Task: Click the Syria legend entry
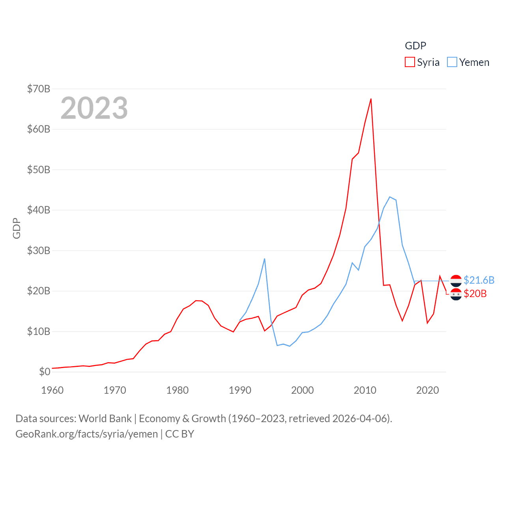[x=423, y=62]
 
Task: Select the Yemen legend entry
[x=468, y=62]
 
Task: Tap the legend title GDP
[x=415, y=46]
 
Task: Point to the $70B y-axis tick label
[x=39, y=89]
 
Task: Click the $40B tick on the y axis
[x=39, y=210]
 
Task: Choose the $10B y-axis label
[x=39, y=331]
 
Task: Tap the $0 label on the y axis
[x=45, y=372]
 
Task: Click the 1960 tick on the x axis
[x=52, y=390]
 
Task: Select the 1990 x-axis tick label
[x=240, y=390]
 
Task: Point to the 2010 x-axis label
[x=365, y=390]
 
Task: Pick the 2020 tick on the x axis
[x=428, y=390]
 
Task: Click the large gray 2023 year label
[x=94, y=108]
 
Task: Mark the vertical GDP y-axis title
[x=17, y=228]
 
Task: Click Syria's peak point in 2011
[x=371, y=99]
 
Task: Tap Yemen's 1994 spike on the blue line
[x=264, y=259]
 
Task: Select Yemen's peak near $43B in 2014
[x=390, y=197]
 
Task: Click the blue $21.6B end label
[x=479, y=280]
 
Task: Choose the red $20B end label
[x=475, y=294]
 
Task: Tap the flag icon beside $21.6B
[x=456, y=281]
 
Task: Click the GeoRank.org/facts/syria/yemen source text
[x=86, y=434]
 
